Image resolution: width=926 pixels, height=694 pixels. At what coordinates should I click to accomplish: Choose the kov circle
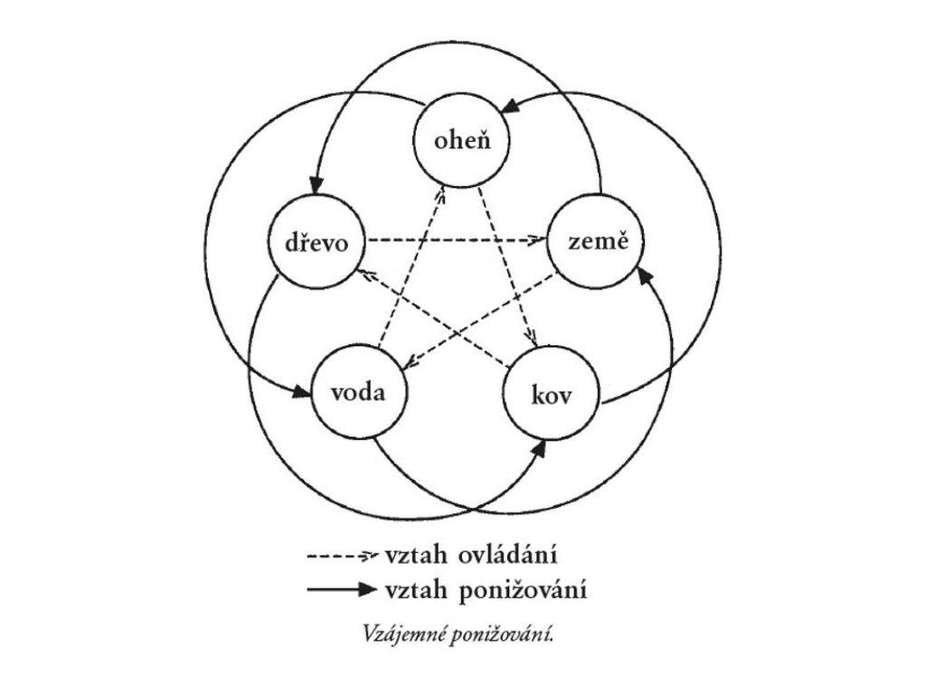(x=551, y=395)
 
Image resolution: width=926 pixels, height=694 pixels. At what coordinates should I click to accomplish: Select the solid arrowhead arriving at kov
(x=540, y=448)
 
